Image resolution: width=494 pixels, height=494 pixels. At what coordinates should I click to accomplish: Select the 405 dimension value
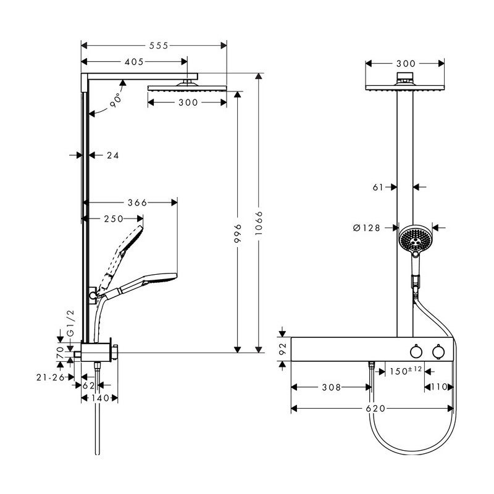coord(133,62)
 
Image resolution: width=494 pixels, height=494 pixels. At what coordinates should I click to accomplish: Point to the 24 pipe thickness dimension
coord(112,156)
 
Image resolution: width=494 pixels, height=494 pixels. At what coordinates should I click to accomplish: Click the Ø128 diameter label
coord(367,228)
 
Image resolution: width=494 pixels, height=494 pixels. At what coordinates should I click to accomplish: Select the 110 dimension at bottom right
coord(438,387)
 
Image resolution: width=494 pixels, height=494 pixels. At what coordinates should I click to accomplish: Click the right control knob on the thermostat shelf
coord(438,351)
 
